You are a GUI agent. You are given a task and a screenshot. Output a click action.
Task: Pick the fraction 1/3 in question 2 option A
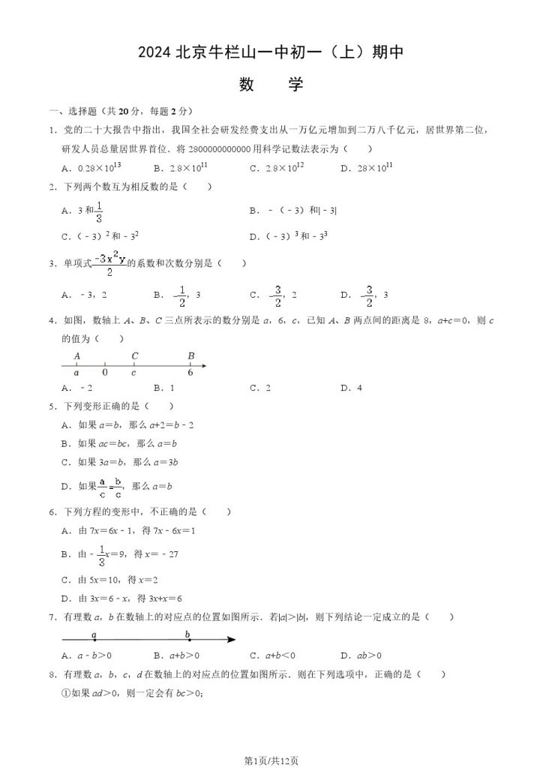[x=99, y=213]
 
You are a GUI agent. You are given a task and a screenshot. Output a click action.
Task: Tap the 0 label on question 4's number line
[x=105, y=372]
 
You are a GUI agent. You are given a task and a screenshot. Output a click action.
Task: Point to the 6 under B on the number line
[x=190, y=372]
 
